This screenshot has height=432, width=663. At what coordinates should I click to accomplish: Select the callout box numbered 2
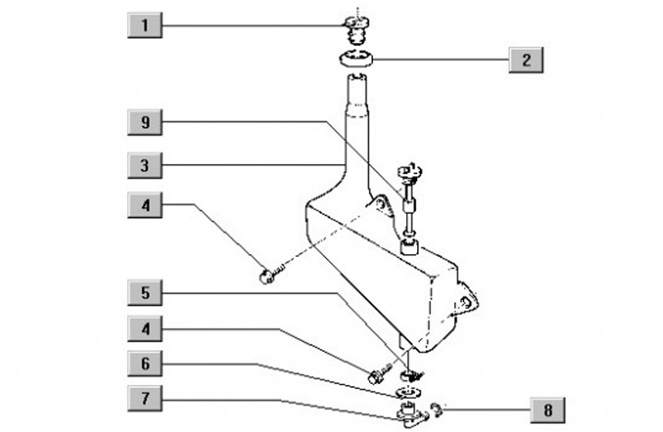coord(526,61)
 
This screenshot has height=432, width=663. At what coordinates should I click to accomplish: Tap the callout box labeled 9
coord(145,122)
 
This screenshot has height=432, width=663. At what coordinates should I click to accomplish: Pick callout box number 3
coord(145,166)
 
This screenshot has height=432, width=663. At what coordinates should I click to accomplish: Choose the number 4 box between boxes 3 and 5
coord(145,204)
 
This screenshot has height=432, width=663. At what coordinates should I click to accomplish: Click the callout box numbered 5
coord(145,294)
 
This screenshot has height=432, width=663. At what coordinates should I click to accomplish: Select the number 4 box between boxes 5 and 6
coord(145,329)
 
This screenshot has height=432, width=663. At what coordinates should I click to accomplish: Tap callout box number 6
coord(145,365)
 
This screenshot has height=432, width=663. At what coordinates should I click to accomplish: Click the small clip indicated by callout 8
coord(436,406)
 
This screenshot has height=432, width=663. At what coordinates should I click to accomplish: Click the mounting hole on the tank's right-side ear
coord(468,302)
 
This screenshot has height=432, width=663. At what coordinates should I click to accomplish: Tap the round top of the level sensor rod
coord(406,171)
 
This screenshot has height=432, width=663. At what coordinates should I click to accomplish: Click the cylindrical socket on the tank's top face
coord(411,246)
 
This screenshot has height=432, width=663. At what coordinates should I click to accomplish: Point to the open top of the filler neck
coord(357,81)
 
